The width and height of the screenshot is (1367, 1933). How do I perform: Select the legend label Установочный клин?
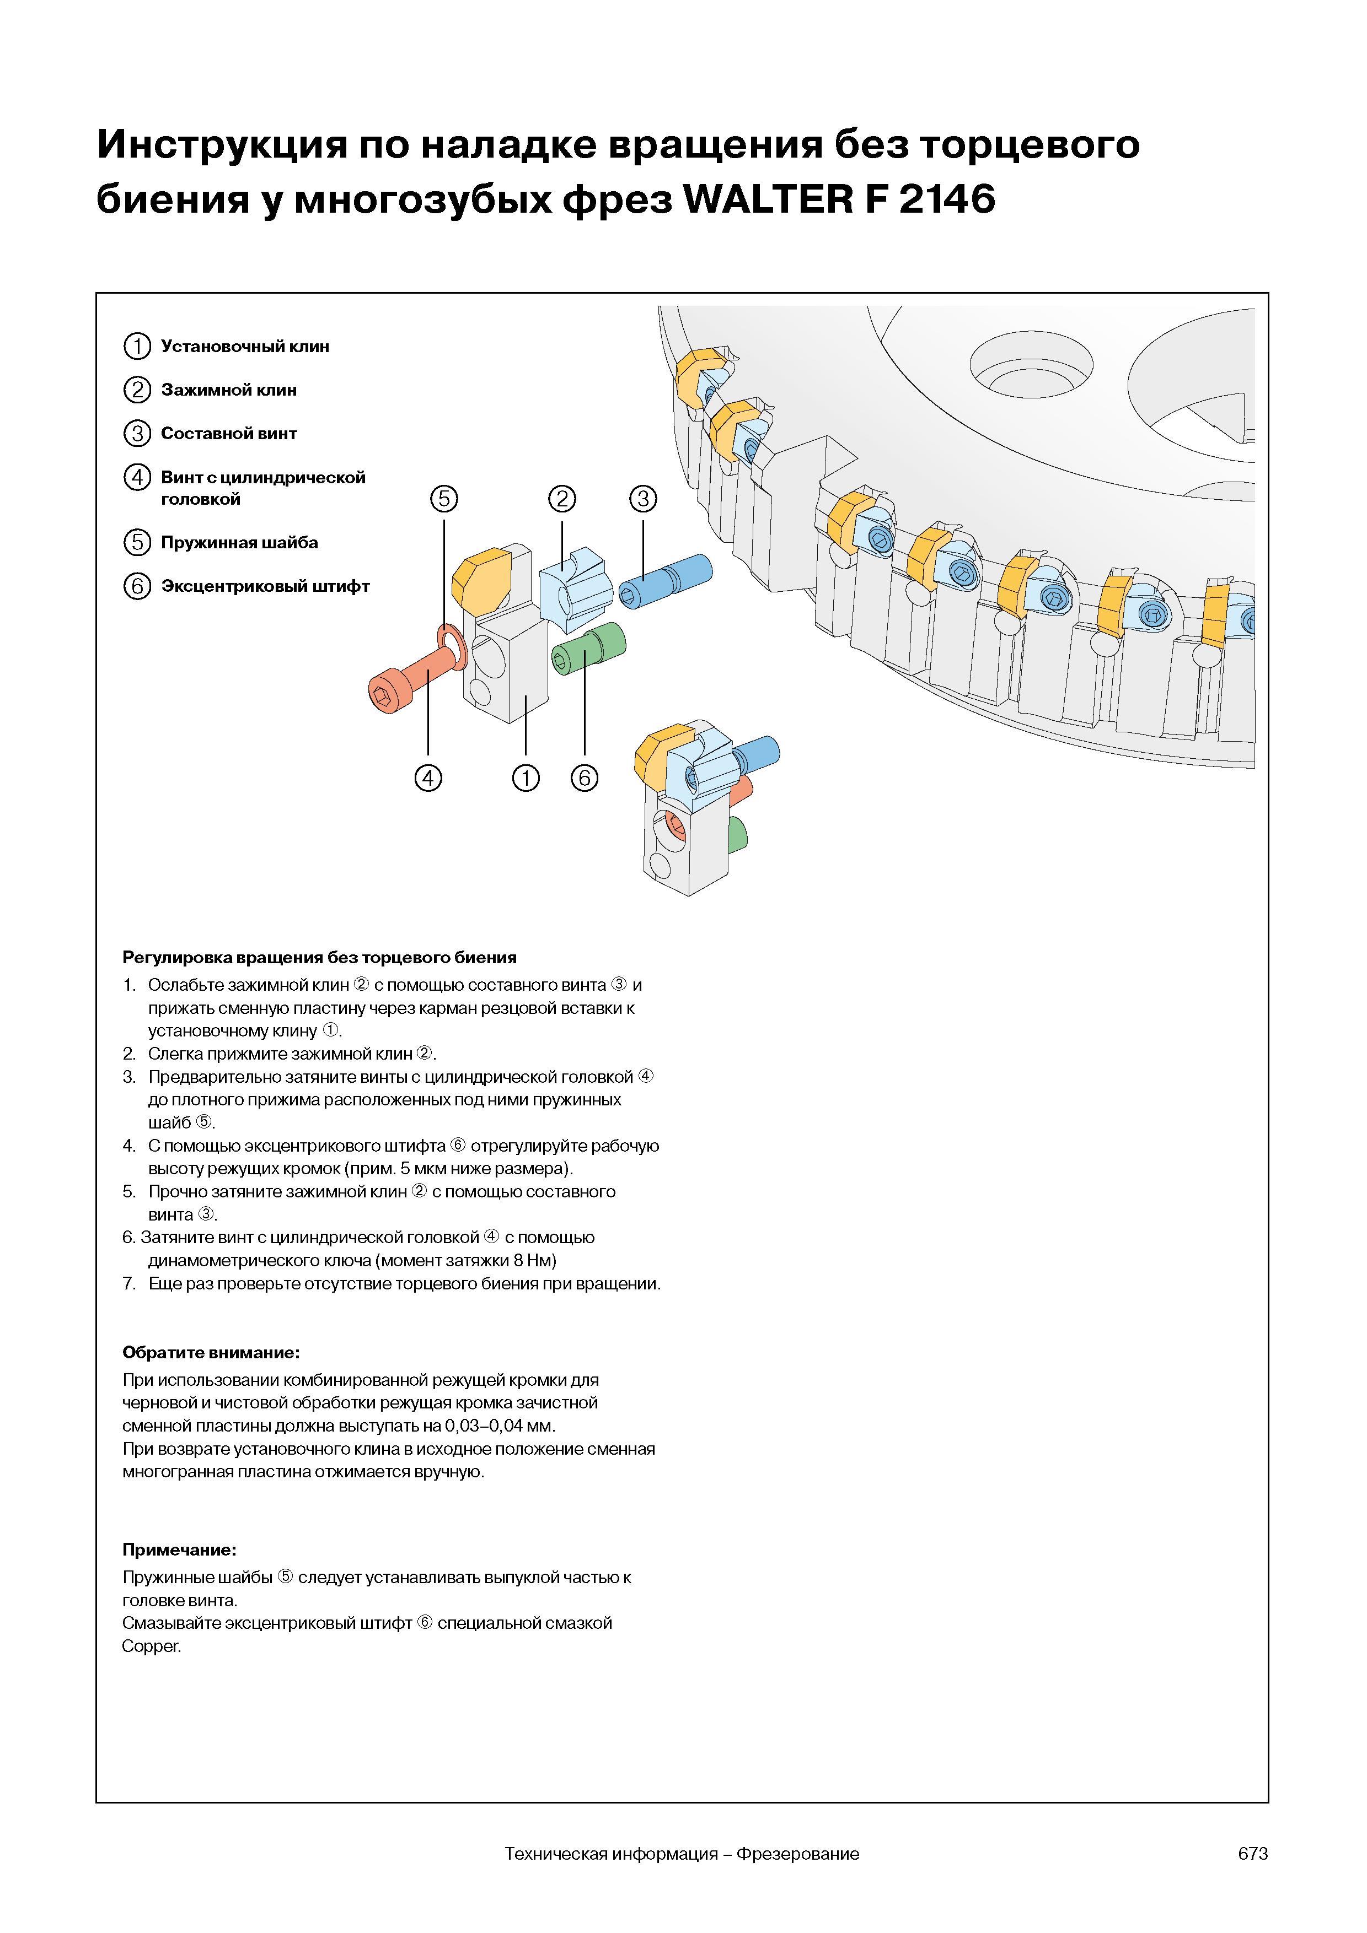(x=245, y=347)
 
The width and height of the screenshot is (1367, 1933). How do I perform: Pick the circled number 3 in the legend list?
(x=136, y=434)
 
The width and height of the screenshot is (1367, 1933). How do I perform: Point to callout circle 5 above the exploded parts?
(x=444, y=499)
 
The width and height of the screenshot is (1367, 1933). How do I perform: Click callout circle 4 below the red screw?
(x=428, y=778)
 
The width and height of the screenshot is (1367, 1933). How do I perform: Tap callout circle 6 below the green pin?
(x=585, y=778)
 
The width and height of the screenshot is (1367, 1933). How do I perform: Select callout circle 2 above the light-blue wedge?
(x=562, y=499)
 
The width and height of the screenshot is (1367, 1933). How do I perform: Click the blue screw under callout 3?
(x=666, y=582)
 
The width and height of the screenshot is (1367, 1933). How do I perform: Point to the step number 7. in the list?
(x=129, y=1284)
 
